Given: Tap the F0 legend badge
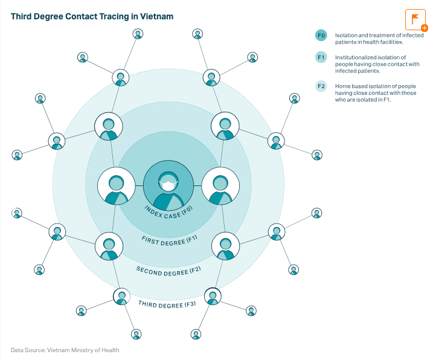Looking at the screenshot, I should point(321,36).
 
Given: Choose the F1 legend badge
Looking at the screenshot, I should point(321,57).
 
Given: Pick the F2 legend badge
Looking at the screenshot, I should point(321,86).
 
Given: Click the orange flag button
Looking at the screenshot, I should point(415,19).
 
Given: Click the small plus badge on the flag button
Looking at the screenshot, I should point(425,28).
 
